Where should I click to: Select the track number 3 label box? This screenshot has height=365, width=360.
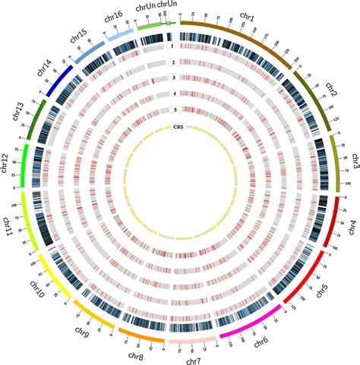click(x=173, y=78)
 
